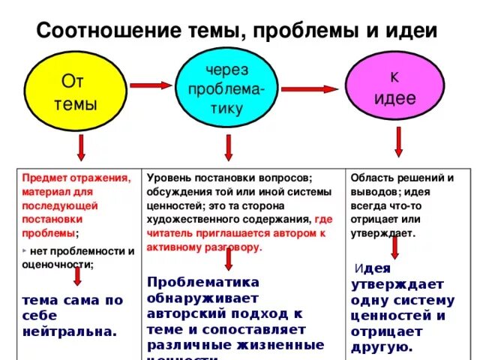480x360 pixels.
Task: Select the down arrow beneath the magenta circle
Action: [397, 140]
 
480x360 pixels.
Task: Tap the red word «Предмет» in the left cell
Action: [43, 178]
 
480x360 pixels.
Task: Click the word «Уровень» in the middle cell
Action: [168, 178]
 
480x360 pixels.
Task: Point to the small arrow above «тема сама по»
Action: [76, 278]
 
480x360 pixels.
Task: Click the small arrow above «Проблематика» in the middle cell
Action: [228, 259]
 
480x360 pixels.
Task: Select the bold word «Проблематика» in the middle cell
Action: [203, 282]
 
